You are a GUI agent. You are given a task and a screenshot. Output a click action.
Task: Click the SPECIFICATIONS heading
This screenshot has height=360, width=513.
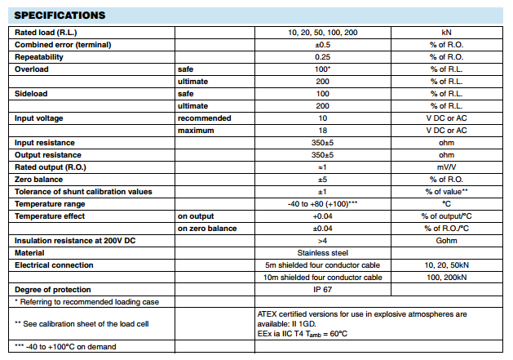60,15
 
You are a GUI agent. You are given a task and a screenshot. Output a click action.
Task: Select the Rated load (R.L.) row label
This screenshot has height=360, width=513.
46,32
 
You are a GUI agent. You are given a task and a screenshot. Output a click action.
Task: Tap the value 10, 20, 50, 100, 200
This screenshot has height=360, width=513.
322,32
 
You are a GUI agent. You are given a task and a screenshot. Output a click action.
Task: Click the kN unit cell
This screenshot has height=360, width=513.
446,32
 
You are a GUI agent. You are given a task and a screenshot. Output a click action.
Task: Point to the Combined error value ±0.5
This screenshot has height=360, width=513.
322,44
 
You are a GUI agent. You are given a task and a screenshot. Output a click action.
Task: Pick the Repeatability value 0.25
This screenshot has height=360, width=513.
322,57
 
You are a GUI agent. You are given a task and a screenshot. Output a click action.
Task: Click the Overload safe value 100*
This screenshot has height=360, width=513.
322,70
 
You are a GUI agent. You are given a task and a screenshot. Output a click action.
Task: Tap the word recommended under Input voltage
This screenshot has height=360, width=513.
204,118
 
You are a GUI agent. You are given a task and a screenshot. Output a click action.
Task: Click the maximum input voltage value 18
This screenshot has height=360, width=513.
322,131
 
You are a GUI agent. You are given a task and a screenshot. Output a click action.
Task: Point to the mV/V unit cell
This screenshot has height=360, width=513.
446,167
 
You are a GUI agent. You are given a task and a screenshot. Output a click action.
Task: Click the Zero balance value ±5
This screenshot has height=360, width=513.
322,180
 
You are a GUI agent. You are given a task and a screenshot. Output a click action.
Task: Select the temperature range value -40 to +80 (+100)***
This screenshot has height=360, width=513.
322,204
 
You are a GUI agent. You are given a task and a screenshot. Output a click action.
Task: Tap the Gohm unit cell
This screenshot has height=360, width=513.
446,241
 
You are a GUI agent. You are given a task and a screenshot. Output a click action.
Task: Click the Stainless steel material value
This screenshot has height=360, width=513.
322,253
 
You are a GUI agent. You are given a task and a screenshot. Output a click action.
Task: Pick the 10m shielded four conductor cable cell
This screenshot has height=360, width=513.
323,278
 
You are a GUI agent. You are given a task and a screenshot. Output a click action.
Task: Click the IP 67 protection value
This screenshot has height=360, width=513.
322,290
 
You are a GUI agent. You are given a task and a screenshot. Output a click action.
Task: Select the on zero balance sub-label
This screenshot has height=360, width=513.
207,229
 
